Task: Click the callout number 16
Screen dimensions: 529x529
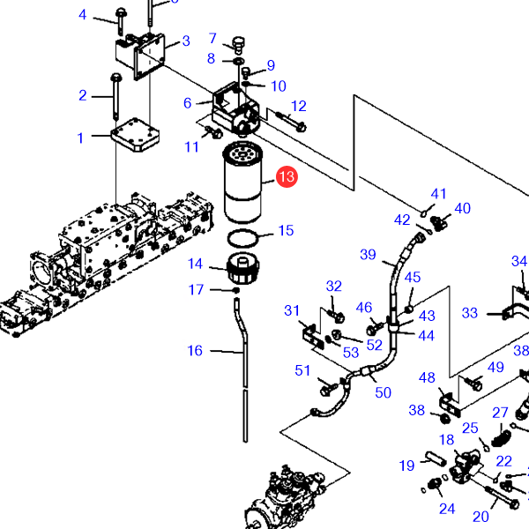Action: (x=195, y=351)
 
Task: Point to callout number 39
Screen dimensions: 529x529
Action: (x=368, y=255)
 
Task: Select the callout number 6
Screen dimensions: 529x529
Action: (x=188, y=103)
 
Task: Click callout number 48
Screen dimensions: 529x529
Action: (x=428, y=378)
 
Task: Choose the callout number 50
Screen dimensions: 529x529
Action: (x=383, y=392)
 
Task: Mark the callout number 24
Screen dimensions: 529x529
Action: (x=447, y=508)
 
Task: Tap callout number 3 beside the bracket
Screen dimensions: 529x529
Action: (x=186, y=41)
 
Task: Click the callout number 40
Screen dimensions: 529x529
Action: (x=462, y=209)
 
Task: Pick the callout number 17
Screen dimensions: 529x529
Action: (x=196, y=290)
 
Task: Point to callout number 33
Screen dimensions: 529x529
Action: (x=470, y=313)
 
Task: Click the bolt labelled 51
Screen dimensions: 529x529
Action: (x=328, y=385)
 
